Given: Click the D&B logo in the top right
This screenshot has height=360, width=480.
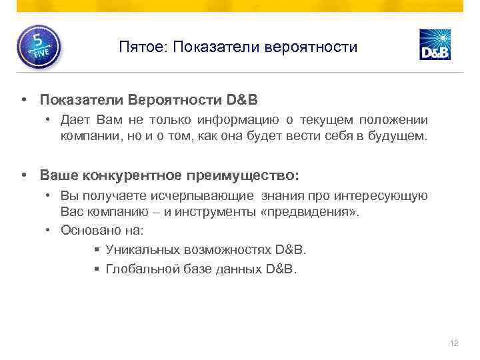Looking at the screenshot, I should click(435, 45).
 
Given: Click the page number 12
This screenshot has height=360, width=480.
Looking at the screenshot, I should click(455, 343).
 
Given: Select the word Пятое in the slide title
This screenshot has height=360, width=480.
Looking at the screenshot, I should click(138, 48).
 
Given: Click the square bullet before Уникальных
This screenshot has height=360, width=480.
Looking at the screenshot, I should click(97, 251).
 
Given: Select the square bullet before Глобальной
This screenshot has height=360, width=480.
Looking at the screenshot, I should click(97, 270).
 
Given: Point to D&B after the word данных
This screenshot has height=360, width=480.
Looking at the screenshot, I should click(281, 269).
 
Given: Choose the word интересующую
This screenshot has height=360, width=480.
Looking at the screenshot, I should click(389, 196).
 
